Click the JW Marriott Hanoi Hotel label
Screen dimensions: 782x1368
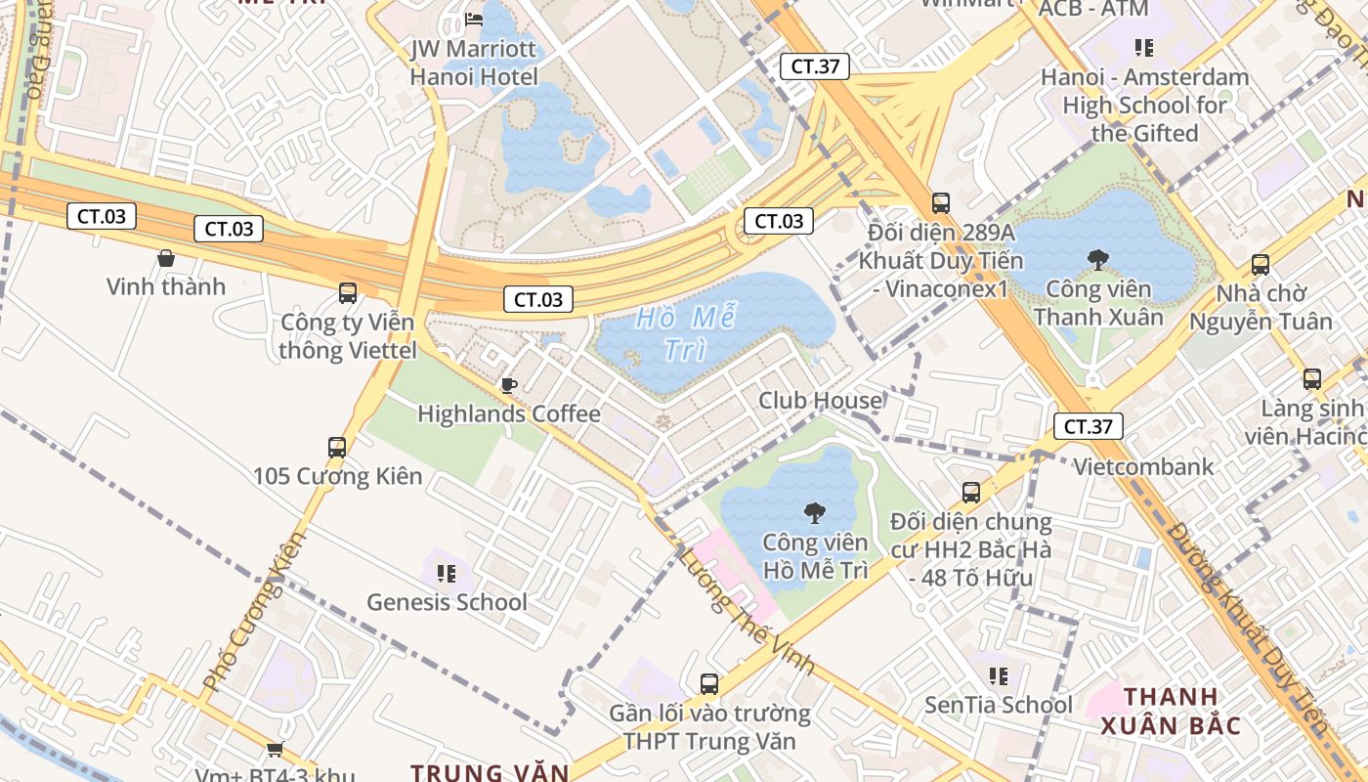(474, 63)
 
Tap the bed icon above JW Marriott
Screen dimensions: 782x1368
(474, 19)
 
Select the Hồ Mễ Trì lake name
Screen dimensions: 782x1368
(686, 333)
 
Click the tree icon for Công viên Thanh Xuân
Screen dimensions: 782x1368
(1098, 259)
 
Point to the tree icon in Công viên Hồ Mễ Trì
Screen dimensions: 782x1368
(814, 512)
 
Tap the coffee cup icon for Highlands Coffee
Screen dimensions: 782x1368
(508, 385)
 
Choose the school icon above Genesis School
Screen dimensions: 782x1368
(447, 573)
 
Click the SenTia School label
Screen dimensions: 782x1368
(999, 705)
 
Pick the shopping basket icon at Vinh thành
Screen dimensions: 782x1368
(166, 258)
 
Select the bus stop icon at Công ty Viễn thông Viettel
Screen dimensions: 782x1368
(347, 292)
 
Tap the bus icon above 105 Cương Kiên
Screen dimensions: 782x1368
(337, 448)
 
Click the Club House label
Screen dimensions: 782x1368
(820, 401)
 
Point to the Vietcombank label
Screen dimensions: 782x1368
(1143, 467)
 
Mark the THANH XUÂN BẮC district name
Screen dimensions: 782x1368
(1171, 712)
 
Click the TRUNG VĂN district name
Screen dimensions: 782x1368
(489, 772)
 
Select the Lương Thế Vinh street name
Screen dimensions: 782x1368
(748, 612)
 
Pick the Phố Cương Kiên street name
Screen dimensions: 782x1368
(249, 612)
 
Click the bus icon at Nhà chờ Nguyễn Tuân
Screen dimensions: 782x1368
(1261, 264)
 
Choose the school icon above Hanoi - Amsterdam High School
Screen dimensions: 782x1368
(1144, 47)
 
